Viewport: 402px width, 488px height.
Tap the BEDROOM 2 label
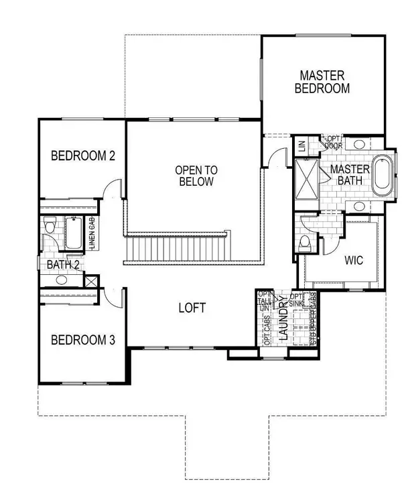[84, 156]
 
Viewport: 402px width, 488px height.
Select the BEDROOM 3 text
[84, 340]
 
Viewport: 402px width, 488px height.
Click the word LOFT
[192, 308]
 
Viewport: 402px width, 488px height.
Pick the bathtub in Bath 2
[72, 233]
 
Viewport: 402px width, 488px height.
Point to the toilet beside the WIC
[306, 242]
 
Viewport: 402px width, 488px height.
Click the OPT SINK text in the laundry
[297, 300]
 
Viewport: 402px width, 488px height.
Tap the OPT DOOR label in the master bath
[333, 141]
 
